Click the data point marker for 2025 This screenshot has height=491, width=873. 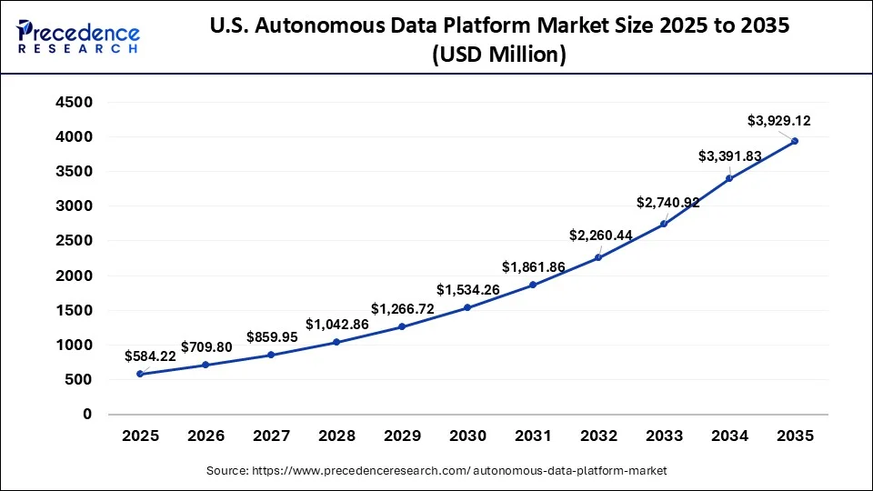click(140, 374)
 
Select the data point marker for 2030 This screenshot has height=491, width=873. click(467, 307)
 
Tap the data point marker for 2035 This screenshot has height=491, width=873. click(795, 141)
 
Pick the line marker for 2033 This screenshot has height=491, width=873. click(664, 224)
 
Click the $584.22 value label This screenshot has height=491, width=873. click(150, 356)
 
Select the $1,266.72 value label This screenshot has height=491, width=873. click(402, 308)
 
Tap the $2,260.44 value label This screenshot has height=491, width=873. click(601, 235)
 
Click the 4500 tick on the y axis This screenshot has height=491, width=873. click(75, 103)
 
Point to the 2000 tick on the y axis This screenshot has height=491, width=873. click(75, 276)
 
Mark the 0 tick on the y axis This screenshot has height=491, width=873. click(87, 415)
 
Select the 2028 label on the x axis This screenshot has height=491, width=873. click(336, 436)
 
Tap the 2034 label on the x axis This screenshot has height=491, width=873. click(729, 436)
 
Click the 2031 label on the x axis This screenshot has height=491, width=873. click(533, 436)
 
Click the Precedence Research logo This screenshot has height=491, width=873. click(77, 36)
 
